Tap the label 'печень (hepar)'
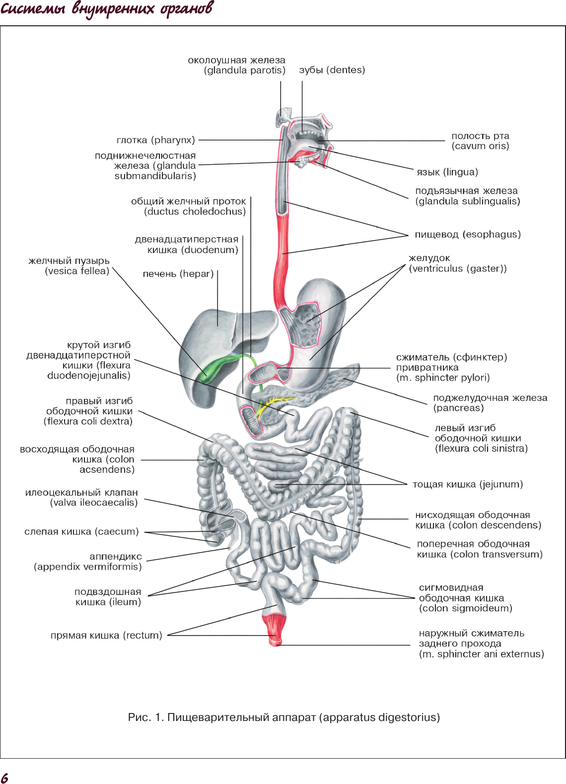pos(178,274)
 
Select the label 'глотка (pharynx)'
pos(156,140)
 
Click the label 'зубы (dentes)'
pos(332,70)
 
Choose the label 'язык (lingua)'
pos(447,172)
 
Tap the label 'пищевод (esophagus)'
pos(468,235)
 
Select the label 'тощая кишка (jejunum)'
pos(468,484)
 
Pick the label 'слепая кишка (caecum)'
pos(81,531)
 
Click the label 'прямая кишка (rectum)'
pos(106,635)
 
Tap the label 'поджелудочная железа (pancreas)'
pos(491,403)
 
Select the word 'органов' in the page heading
pos(186,9)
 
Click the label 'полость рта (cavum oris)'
pos(480,141)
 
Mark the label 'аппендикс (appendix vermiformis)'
pos(88,561)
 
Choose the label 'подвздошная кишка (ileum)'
pos(108,597)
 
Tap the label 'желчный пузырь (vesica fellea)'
pos(69,266)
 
